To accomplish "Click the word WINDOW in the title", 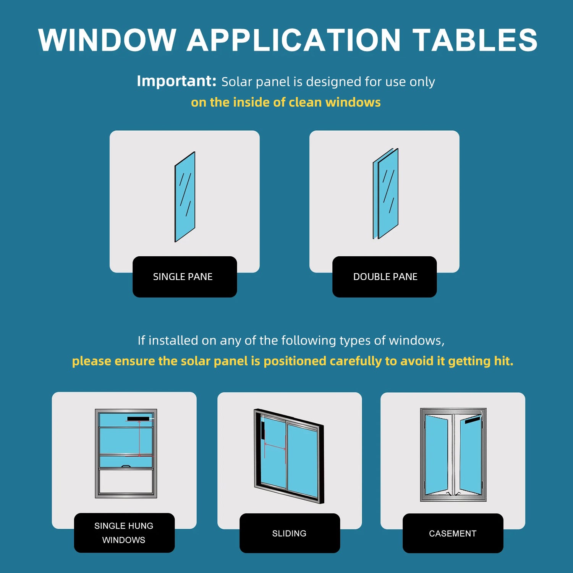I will pyautogui.click(x=107, y=40).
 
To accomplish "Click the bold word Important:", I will pyautogui.click(x=176, y=81).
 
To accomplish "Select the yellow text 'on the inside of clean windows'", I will pyautogui.click(x=286, y=102).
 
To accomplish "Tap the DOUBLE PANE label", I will pyautogui.click(x=385, y=277).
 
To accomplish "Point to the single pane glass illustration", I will pyautogui.click(x=185, y=197).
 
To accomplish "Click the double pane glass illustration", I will pyautogui.click(x=386, y=194).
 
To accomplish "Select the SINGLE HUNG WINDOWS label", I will pyautogui.click(x=124, y=533).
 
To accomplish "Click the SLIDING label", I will pyautogui.click(x=290, y=533).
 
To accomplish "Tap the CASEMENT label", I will pyautogui.click(x=453, y=533).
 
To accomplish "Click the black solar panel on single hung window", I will pyautogui.click(x=138, y=419).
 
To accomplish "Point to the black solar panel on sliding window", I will pyautogui.click(x=263, y=431).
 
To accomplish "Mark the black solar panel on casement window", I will pyautogui.click(x=473, y=420).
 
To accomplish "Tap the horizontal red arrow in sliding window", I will pyautogui.click(x=275, y=446).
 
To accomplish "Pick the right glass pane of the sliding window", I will pyautogui.click(x=303, y=460).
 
